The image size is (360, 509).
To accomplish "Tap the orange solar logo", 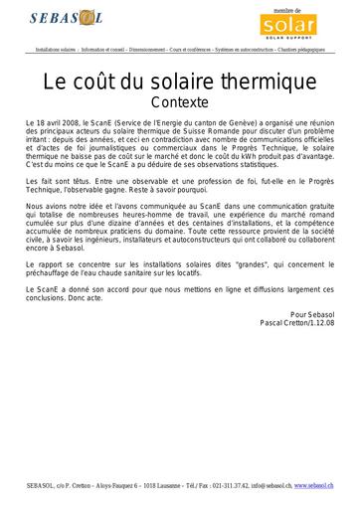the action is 293,21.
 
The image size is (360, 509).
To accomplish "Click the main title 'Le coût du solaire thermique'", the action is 180,81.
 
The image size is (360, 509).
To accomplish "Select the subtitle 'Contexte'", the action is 180,100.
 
